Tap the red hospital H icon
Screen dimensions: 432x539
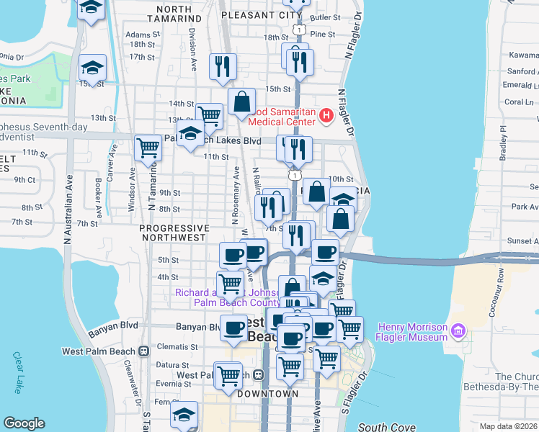click(x=326, y=114)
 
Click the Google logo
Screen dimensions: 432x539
click(x=24, y=423)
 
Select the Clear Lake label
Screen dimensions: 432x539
click(x=17, y=372)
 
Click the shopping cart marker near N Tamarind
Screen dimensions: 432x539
click(x=148, y=147)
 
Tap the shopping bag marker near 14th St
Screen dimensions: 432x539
click(x=242, y=102)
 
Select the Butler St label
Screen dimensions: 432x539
click(x=326, y=17)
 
